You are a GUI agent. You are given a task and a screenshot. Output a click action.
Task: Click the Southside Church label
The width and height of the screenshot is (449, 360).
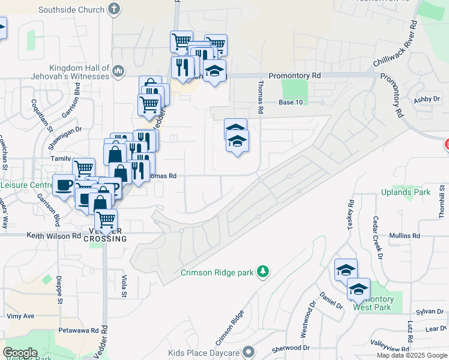coord(71,10)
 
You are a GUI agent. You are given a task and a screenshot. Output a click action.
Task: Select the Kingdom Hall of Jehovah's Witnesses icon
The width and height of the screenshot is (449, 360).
coord(118,72)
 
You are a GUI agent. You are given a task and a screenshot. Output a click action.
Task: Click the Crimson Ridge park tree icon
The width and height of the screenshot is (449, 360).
coord(262,272)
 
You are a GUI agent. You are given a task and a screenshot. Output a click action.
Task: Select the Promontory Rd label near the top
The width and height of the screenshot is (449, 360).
coord(295,76)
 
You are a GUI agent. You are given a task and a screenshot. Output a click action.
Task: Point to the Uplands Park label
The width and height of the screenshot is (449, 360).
coord(406,193)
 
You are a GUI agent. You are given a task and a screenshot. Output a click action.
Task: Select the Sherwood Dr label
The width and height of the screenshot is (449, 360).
coord(290,348)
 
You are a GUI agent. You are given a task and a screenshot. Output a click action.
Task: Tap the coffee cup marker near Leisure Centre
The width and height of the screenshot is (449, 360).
coord(64,185)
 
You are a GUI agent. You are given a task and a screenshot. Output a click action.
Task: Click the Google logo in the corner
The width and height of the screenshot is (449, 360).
coord(20,353)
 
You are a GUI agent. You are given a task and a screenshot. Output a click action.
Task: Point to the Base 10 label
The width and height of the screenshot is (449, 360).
coord(291,103)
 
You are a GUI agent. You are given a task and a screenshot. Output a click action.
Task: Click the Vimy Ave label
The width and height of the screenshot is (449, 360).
coord(20,316)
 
